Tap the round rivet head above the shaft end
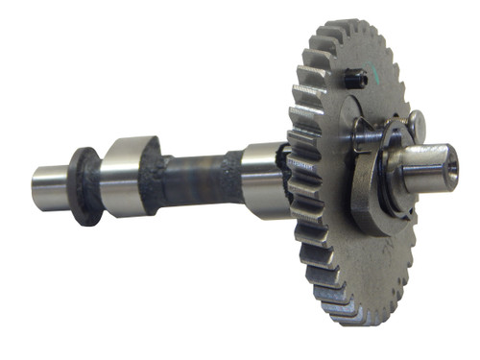coord(415,121)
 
